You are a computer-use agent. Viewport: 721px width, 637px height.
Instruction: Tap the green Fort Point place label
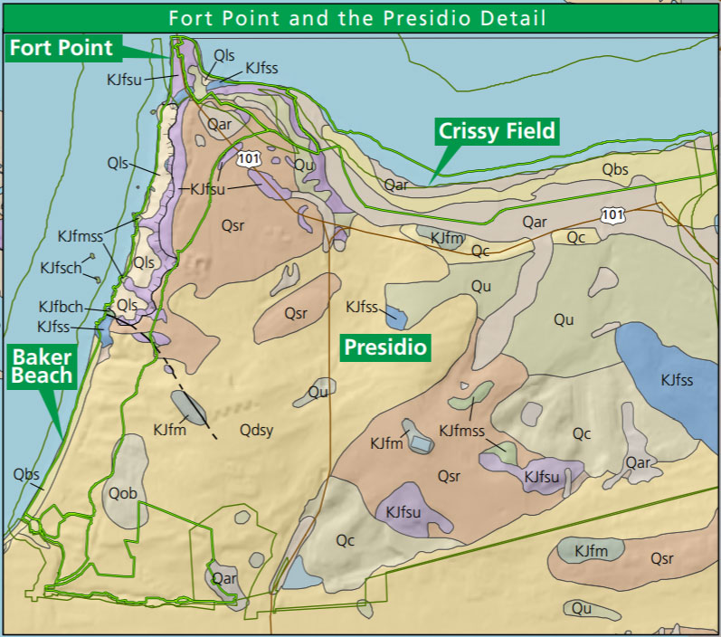click(62, 48)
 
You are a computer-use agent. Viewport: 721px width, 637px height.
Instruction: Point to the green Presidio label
click(384, 347)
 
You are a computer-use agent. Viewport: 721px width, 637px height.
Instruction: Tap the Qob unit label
click(123, 493)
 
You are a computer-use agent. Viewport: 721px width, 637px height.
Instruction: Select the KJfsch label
click(61, 268)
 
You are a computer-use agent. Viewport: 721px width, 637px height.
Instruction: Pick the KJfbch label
click(60, 307)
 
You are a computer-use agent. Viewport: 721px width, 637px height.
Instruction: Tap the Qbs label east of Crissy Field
click(614, 169)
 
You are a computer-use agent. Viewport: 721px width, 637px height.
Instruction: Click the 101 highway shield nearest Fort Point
click(249, 159)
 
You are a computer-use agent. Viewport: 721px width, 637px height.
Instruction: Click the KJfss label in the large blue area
click(677, 380)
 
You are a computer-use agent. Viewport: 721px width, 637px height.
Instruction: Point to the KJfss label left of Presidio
click(362, 308)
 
